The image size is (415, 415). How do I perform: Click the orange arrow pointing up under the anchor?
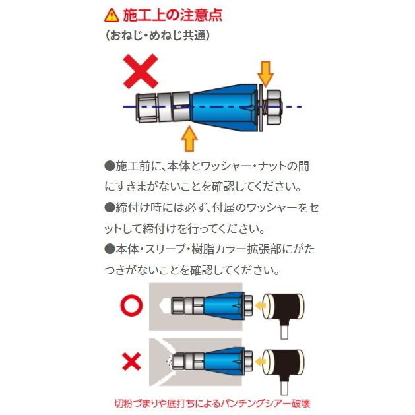pyautogui.click(x=189, y=139)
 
